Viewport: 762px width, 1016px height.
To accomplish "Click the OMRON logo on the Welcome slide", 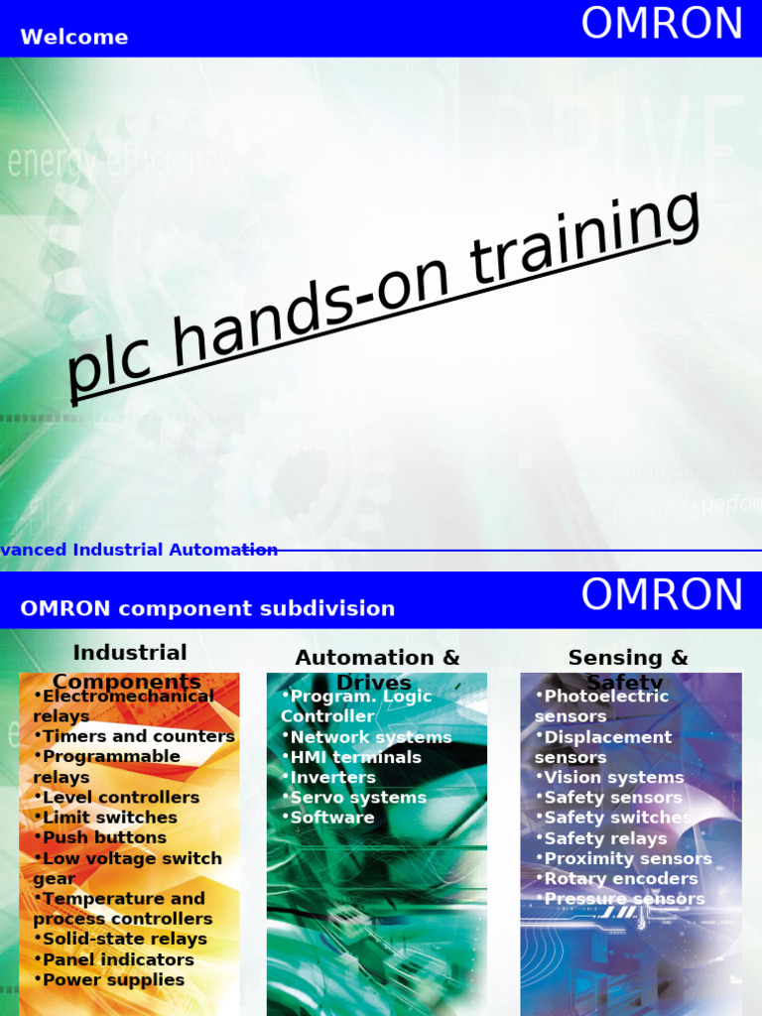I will tap(662, 25).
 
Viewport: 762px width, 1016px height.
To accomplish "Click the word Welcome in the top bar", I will tap(74, 38).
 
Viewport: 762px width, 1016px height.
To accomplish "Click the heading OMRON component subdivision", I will tap(207, 608).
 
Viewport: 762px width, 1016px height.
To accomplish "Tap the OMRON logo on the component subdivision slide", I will tap(662, 595).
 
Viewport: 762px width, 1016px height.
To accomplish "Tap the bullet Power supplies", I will tap(113, 980).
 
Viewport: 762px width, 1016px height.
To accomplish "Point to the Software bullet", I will tap(331, 818).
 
